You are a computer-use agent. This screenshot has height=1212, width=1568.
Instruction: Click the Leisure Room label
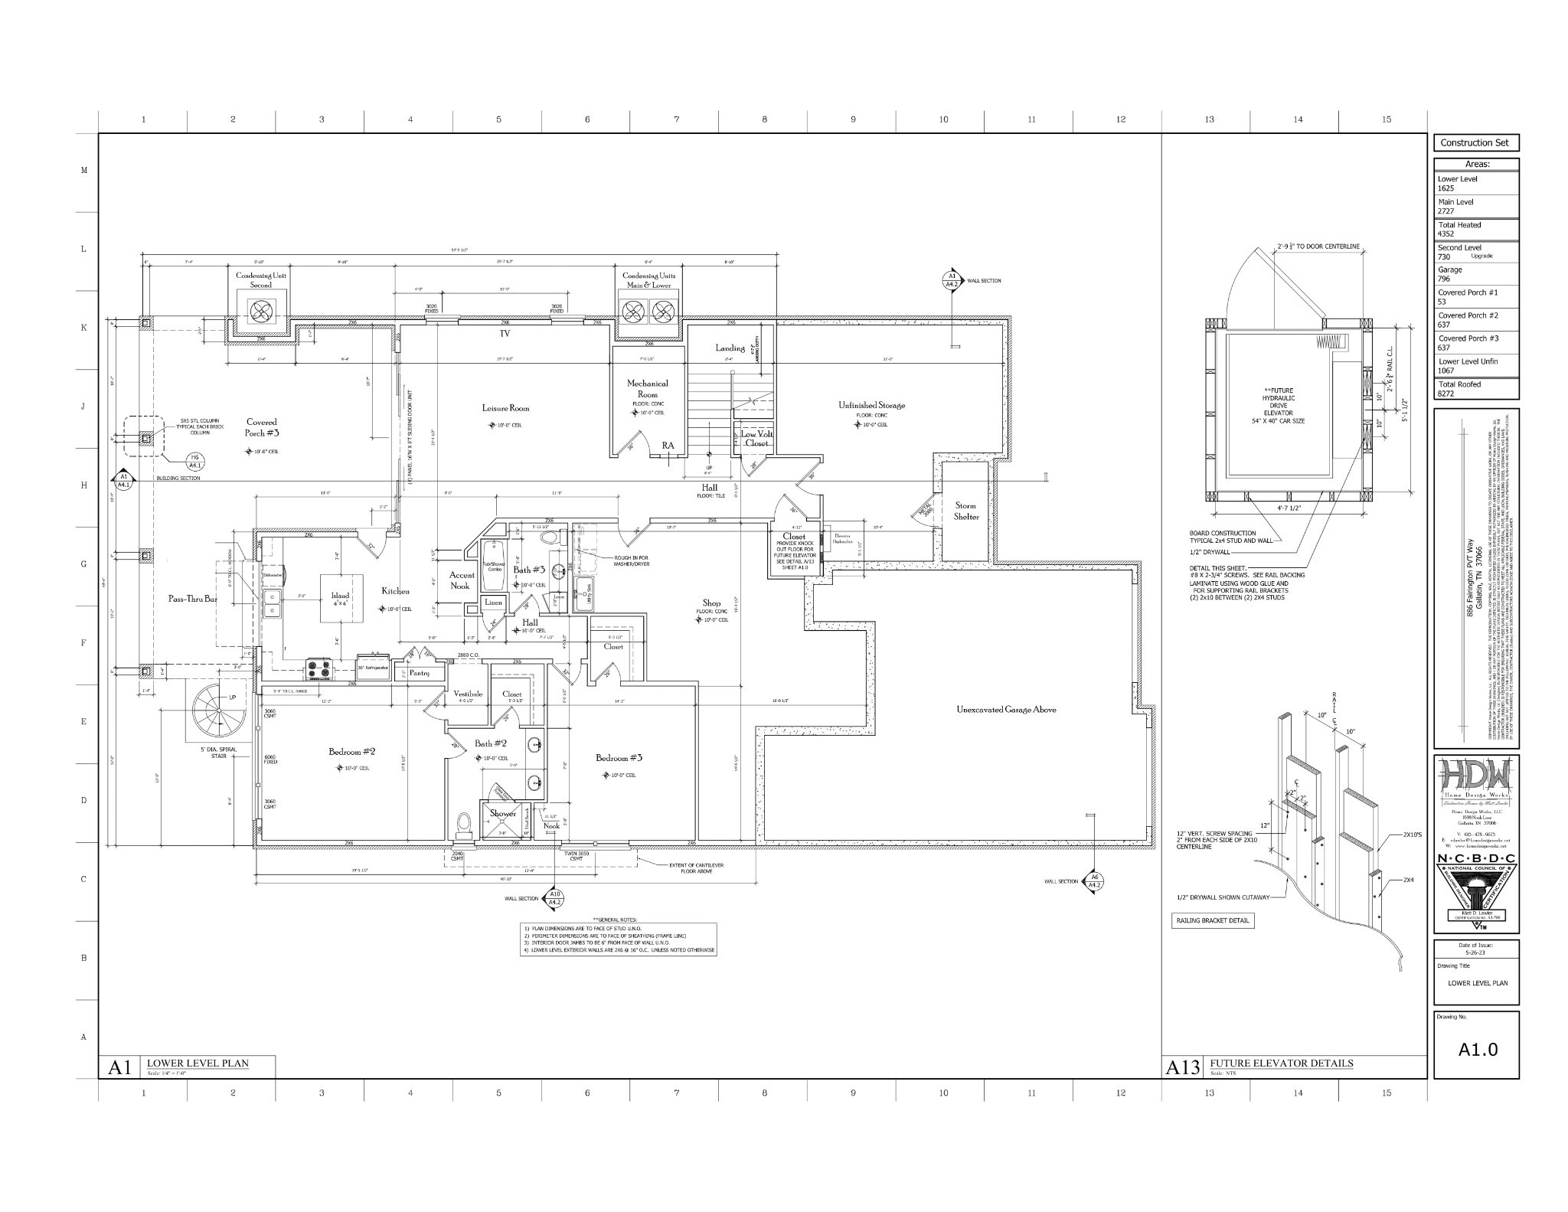[505, 408]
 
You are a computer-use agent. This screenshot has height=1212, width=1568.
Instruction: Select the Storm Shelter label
[965, 511]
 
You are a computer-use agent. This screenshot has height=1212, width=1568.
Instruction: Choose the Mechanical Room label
[647, 388]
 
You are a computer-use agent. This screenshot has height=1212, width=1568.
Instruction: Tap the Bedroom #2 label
[351, 752]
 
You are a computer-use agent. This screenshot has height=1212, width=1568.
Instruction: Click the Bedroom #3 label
[619, 758]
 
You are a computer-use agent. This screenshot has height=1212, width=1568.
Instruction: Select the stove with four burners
[320, 669]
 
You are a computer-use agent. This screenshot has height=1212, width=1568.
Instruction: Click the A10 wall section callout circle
[555, 899]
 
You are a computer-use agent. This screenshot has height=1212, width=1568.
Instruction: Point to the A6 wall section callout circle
[1095, 881]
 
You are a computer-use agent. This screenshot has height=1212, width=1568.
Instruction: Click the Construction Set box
[1475, 142]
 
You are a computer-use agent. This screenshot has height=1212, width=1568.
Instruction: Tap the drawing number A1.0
[1477, 1049]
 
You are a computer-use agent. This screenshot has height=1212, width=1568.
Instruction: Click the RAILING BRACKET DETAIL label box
[1213, 920]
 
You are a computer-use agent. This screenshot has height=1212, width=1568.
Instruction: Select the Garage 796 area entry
[1475, 274]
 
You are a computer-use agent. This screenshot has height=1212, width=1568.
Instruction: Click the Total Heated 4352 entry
[1475, 229]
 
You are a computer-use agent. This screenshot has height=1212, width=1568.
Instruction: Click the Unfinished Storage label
[871, 405]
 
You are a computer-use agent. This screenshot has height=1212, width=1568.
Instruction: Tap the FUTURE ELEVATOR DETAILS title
[1281, 1063]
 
